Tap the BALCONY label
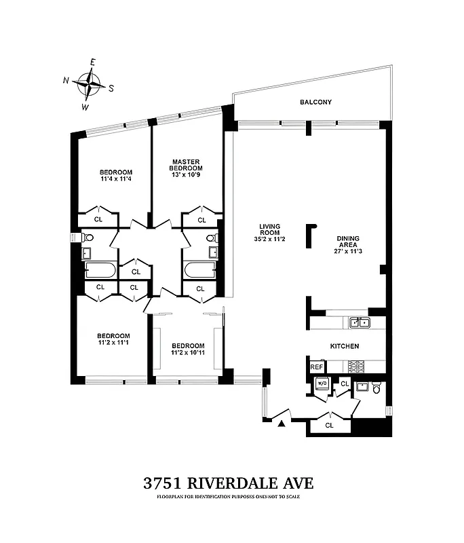point(315,102)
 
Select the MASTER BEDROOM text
point(185,165)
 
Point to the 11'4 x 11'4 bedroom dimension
point(115,180)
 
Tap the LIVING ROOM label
point(269,231)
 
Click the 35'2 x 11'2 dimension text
point(269,239)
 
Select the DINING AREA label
point(348,242)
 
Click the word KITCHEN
point(344,346)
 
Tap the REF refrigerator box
point(316,367)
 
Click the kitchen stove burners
point(356,367)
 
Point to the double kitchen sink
point(358,322)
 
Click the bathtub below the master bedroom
point(199,270)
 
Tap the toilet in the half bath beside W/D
point(377,388)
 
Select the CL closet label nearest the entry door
point(329,426)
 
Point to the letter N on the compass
point(67,80)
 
